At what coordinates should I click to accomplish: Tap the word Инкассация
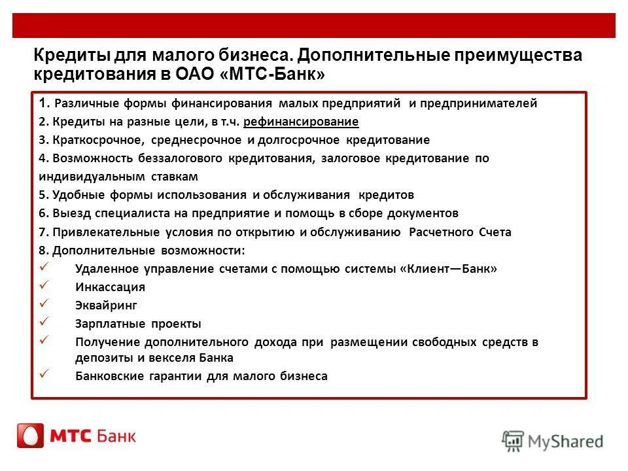(110, 287)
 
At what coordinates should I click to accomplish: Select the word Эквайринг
(107, 305)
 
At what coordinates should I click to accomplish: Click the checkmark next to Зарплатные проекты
(44, 322)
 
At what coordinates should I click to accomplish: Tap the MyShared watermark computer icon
(514, 441)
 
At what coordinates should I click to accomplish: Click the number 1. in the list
(43, 103)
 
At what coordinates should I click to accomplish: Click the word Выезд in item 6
(70, 213)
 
